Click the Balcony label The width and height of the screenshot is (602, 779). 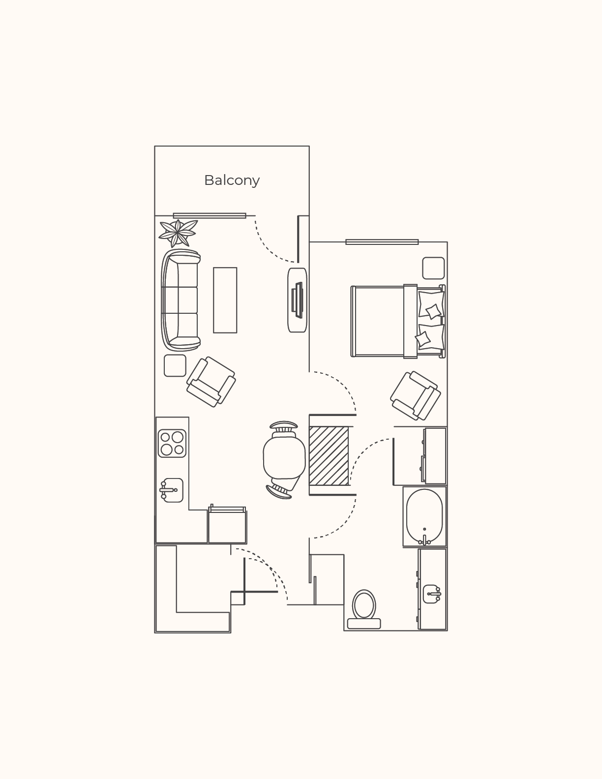click(x=232, y=180)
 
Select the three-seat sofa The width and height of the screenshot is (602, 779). click(x=181, y=299)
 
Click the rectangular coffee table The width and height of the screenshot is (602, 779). click(x=225, y=300)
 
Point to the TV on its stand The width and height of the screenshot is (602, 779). click(x=298, y=300)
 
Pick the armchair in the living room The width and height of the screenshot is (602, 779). click(x=211, y=382)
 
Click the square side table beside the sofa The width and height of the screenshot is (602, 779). click(x=175, y=365)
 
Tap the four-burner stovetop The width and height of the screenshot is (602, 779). click(x=172, y=443)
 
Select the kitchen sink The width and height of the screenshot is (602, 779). click(x=172, y=490)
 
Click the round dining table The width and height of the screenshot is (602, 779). click(x=284, y=458)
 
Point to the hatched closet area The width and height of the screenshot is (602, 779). click(x=329, y=456)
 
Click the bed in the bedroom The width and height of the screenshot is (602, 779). click(x=397, y=321)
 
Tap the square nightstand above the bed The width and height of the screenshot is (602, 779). click(x=433, y=268)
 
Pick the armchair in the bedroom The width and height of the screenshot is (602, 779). click(x=416, y=395)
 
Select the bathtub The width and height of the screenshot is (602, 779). click(x=424, y=516)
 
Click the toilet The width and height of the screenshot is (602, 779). click(x=364, y=609)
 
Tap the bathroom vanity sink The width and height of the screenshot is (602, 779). click(x=431, y=594)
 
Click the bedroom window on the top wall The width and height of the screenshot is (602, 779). click(x=382, y=242)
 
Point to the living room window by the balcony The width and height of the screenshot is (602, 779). click(x=209, y=215)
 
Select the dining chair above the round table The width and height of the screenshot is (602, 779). click(x=284, y=427)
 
